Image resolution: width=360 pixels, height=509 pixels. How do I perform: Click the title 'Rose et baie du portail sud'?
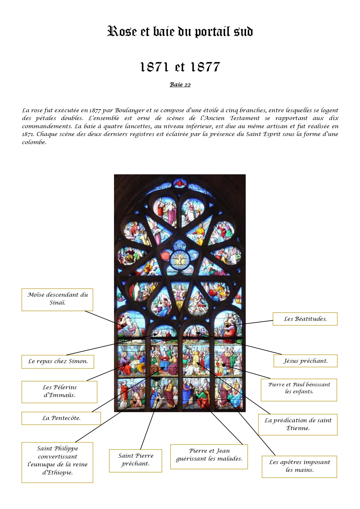180,32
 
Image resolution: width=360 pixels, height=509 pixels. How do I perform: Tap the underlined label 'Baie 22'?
180,85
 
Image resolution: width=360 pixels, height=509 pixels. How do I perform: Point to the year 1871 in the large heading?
154,67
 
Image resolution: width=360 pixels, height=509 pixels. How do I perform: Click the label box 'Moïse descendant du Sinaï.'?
57,299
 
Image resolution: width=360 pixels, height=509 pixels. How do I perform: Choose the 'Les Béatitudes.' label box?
305,319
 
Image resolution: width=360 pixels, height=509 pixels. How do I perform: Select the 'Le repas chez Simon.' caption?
58,361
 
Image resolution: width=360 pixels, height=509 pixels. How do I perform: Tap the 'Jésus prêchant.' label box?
305,361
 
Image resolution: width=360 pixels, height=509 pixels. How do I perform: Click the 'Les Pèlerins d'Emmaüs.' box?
59,392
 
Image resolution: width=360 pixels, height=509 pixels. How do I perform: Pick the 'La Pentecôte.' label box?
61,418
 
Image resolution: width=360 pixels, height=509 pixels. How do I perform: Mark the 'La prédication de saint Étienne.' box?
298,424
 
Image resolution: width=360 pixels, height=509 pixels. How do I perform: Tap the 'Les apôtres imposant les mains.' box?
299,466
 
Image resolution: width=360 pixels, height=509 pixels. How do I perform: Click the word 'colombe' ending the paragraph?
34,142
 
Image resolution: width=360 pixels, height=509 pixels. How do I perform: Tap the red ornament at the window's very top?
180,183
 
